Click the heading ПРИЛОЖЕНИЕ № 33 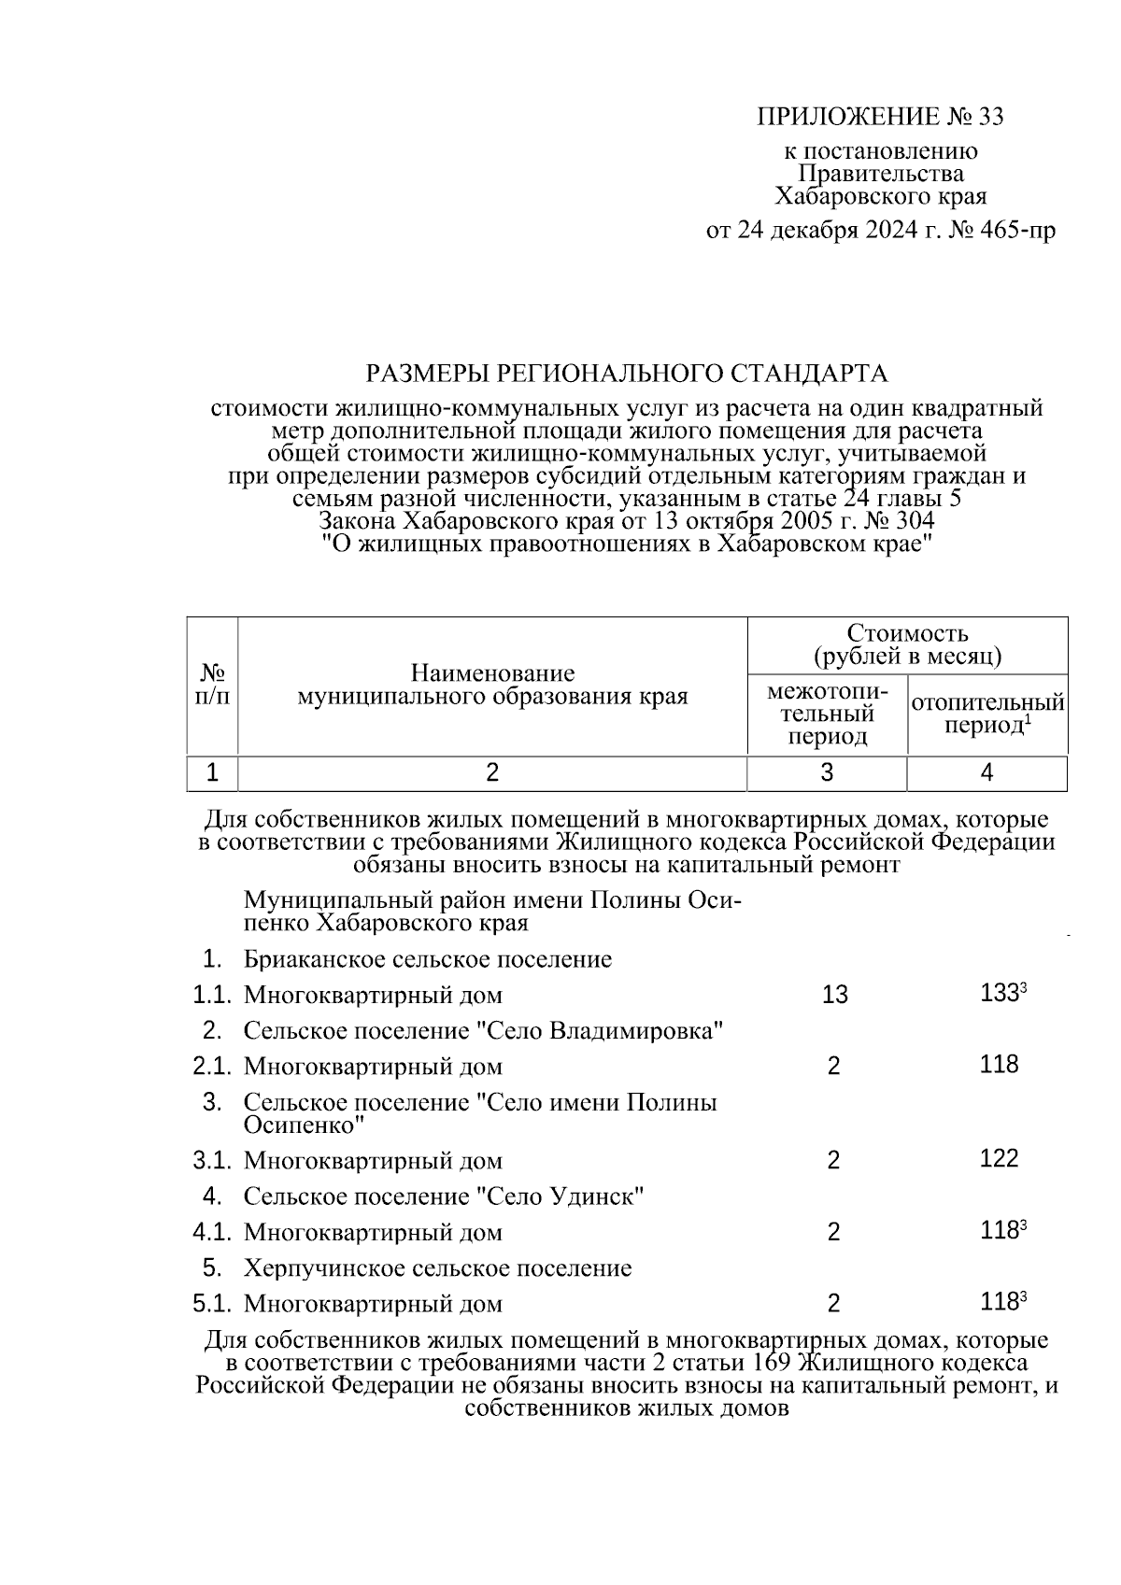point(879,117)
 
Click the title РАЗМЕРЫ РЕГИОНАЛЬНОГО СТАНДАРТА point(626,374)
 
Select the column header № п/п point(212,685)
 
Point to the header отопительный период point(986,714)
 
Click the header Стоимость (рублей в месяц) point(907,644)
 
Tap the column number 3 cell point(827,772)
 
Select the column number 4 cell point(986,772)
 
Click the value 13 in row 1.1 point(834,995)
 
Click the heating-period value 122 point(999,1159)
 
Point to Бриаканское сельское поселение point(428,959)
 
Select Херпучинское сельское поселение point(437,1268)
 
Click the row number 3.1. point(212,1161)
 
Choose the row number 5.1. point(212,1303)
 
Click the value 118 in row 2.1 point(999,1065)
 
